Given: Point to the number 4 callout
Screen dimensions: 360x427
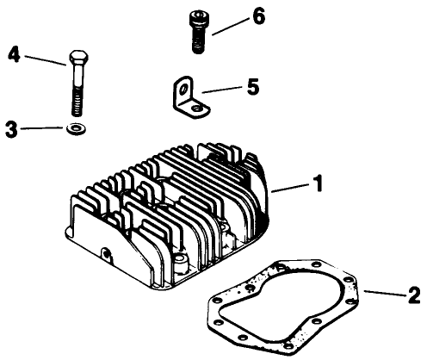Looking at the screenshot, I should tap(13, 54).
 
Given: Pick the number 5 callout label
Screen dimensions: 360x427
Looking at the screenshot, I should tap(251, 87).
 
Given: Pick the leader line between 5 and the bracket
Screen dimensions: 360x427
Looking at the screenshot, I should tap(221, 89).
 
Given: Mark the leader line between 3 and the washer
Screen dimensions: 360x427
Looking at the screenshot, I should tap(43, 129).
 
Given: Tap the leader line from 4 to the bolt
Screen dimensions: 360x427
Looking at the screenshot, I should tap(43, 58).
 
